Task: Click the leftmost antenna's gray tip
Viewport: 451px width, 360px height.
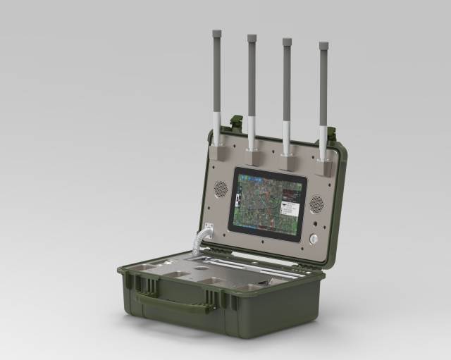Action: [216, 32]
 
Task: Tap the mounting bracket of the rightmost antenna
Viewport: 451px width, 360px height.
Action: [324, 166]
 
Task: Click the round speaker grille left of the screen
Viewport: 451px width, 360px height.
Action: [221, 188]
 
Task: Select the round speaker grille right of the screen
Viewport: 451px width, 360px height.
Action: [316, 204]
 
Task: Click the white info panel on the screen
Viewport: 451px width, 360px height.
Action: [291, 209]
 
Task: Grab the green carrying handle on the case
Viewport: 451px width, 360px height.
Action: [173, 304]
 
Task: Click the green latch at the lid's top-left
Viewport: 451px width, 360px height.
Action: [237, 123]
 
